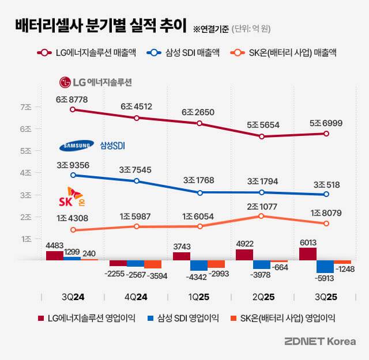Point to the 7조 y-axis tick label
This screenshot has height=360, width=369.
(25, 108)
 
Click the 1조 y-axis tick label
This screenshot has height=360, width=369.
(25, 239)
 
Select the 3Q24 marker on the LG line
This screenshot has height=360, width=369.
(72, 109)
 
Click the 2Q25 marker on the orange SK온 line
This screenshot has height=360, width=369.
(262, 216)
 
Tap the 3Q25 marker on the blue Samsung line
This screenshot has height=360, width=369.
(326, 195)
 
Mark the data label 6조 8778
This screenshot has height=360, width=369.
(72, 99)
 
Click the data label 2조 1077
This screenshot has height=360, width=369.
(262, 206)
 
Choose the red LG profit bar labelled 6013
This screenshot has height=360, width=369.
(308, 254)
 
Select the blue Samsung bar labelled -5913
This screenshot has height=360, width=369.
(325, 267)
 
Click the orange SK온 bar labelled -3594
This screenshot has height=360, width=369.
(153, 264)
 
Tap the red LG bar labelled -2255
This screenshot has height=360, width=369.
(118, 263)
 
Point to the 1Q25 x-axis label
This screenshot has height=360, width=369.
(198, 297)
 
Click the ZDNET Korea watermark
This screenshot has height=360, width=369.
(321, 342)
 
